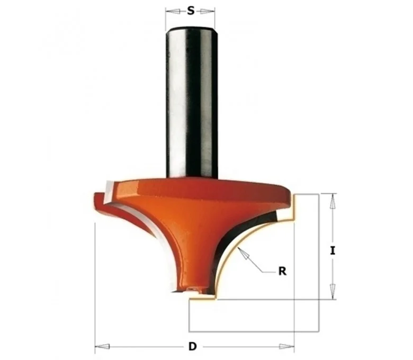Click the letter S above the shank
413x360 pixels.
191,11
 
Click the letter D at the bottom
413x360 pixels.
193,346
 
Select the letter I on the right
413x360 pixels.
333,250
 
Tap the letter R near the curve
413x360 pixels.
282,271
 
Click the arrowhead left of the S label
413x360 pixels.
173,11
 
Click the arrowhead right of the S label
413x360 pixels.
207,11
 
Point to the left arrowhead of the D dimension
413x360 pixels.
102,346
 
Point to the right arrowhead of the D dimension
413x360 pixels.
286,346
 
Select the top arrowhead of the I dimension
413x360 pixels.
333,201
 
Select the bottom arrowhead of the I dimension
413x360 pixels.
333,292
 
